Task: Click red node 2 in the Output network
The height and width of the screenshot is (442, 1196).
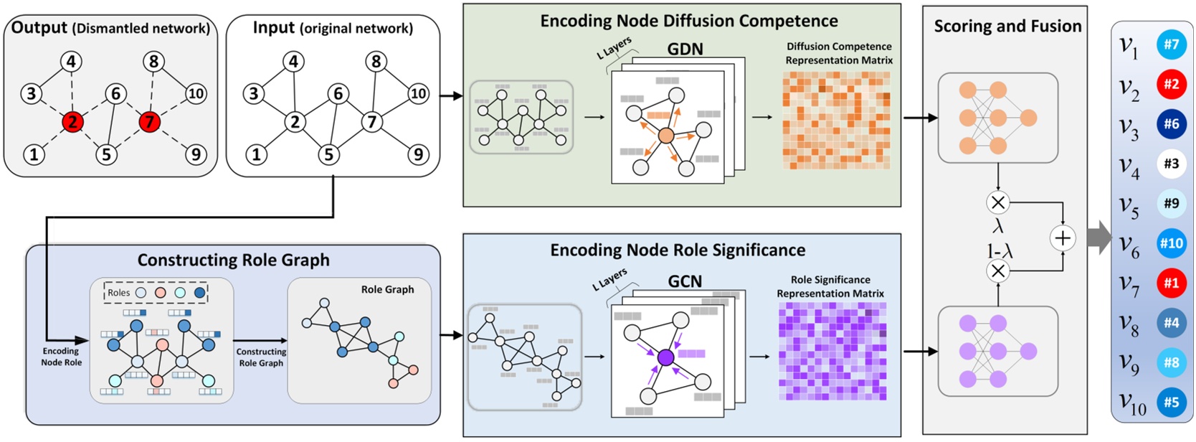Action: [72, 121]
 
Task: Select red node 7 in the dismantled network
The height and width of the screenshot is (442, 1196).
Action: [149, 121]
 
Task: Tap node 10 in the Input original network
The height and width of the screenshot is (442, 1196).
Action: [418, 93]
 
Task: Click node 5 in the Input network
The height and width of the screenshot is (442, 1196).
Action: [328, 154]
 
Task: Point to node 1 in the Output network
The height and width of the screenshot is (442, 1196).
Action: [34, 154]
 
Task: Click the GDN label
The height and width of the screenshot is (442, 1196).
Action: [685, 49]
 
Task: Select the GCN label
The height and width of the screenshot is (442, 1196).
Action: [685, 281]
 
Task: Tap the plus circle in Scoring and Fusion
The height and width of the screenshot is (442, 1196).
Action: [1062, 238]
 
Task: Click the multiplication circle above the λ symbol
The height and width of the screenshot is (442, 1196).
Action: [997, 202]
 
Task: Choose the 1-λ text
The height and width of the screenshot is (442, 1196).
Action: [997, 251]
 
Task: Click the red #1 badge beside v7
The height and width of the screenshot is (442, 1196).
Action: [1171, 283]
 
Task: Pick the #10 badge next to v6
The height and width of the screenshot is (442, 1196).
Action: [1171, 243]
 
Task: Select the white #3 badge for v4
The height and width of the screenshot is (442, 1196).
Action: [1171, 164]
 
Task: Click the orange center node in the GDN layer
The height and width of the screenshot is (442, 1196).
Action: [666, 136]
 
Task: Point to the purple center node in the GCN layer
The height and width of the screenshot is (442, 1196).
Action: [666, 357]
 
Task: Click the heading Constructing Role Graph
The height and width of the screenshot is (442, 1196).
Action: [233, 260]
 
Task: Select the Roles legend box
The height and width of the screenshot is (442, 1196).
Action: [156, 293]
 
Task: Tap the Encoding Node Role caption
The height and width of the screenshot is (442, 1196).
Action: [61, 357]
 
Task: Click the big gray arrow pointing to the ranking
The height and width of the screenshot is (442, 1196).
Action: [1098, 238]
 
